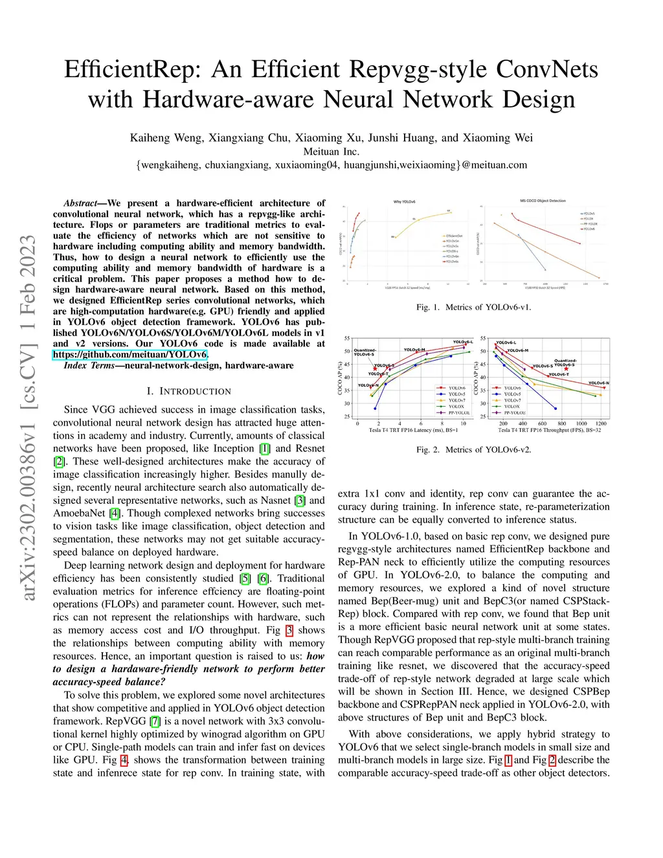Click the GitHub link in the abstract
click(129, 354)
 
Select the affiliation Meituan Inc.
click(331, 152)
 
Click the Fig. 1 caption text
click(473, 307)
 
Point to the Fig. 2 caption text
click(473, 449)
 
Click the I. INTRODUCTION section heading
click(188, 391)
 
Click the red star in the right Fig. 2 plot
click(566, 369)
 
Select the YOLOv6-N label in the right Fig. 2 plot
click(598, 383)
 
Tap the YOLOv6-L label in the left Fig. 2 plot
click(462, 342)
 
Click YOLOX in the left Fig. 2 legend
click(456, 407)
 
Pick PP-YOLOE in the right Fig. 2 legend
click(515, 412)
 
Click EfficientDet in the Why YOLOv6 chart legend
click(454, 236)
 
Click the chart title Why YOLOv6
click(404, 202)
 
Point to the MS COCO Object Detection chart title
click(543, 201)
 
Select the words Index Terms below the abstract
click(89, 365)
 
